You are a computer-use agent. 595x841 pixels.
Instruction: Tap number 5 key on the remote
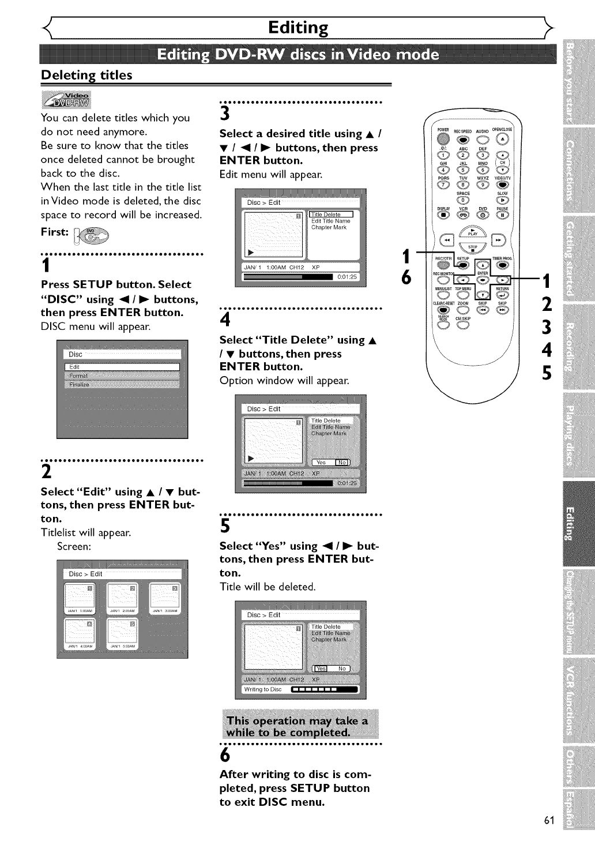point(463,170)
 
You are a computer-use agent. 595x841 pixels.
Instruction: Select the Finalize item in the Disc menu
point(122,384)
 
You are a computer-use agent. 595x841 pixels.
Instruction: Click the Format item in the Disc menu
point(122,376)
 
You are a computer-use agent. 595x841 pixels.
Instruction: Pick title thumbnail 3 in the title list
point(164,597)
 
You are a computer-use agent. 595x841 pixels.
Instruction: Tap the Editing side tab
point(570,523)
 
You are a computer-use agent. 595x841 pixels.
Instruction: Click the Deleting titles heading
point(86,75)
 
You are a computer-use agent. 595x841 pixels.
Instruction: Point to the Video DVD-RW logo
point(66,99)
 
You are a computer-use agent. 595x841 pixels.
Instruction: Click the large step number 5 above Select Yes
point(225,526)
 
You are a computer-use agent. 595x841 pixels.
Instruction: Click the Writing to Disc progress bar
point(325,689)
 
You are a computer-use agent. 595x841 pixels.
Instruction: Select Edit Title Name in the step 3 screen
point(330,221)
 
